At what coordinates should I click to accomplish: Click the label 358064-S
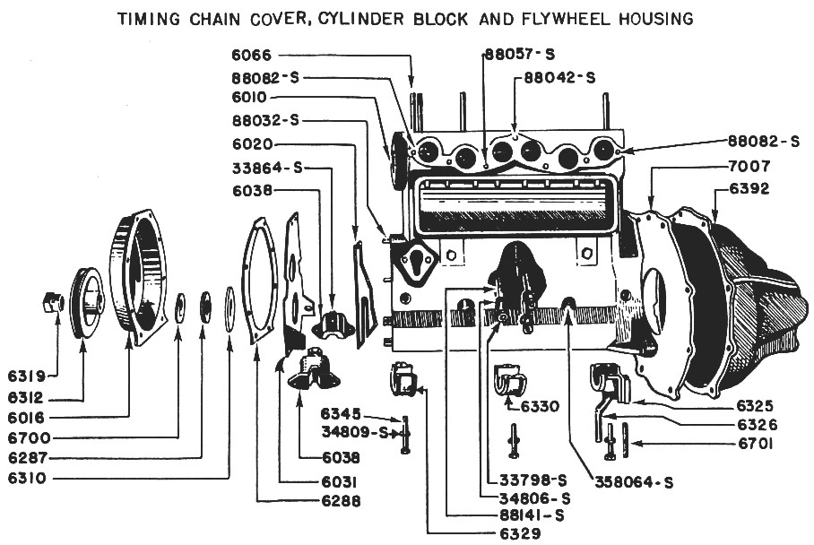coord(633,482)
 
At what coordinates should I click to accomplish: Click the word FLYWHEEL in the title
coord(559,18)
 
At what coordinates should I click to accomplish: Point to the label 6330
coord(538,406)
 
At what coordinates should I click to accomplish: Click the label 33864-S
coord(267,167)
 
